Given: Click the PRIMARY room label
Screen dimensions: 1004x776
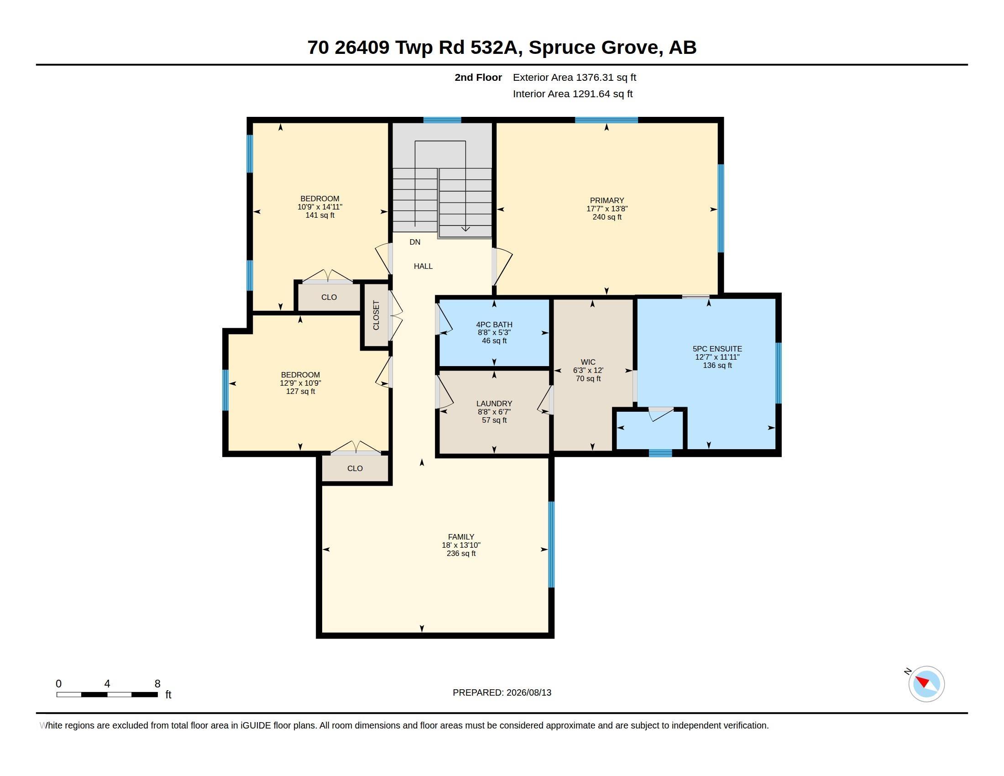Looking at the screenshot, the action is click(x=607, y=200).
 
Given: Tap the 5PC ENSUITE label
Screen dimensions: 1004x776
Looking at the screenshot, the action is click(x=717, y=349).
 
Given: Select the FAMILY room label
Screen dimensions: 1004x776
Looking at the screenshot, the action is click(x=461, y=537).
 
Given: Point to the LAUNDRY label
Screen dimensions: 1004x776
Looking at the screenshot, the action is click(x=494, y=404).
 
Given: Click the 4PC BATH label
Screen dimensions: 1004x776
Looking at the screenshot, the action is click(x=494, y=325).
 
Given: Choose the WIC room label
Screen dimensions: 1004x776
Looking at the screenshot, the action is click(x=588, y=362).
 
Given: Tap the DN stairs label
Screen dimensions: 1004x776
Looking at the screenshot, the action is click(x=415, y=242).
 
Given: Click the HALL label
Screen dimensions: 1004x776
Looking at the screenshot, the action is click(x=423, y=266).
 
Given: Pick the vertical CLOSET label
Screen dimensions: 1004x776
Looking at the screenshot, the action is click(x=376, y=315).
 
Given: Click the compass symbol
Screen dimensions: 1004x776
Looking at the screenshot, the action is click(x=926, y=684).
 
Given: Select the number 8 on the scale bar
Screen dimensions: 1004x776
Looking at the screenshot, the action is click(x=157, y=684).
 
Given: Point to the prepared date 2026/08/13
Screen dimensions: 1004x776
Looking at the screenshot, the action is click(x=528, y=693).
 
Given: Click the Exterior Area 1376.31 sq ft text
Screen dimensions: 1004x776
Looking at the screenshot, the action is click(x=574, y=78).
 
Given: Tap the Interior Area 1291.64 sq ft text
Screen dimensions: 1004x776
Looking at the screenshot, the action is click(x=572, y=94).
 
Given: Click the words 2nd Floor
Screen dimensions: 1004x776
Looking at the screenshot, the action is click(x=478, y=78).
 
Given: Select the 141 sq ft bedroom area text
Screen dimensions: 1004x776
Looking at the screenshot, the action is click(x=320, y=215).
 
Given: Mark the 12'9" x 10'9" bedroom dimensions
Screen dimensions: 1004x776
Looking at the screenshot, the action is click(x=301, y=383).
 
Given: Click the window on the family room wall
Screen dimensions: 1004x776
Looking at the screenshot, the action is click(x=551, y=544).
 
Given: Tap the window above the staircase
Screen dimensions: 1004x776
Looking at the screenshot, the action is click(x=442, y=120).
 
